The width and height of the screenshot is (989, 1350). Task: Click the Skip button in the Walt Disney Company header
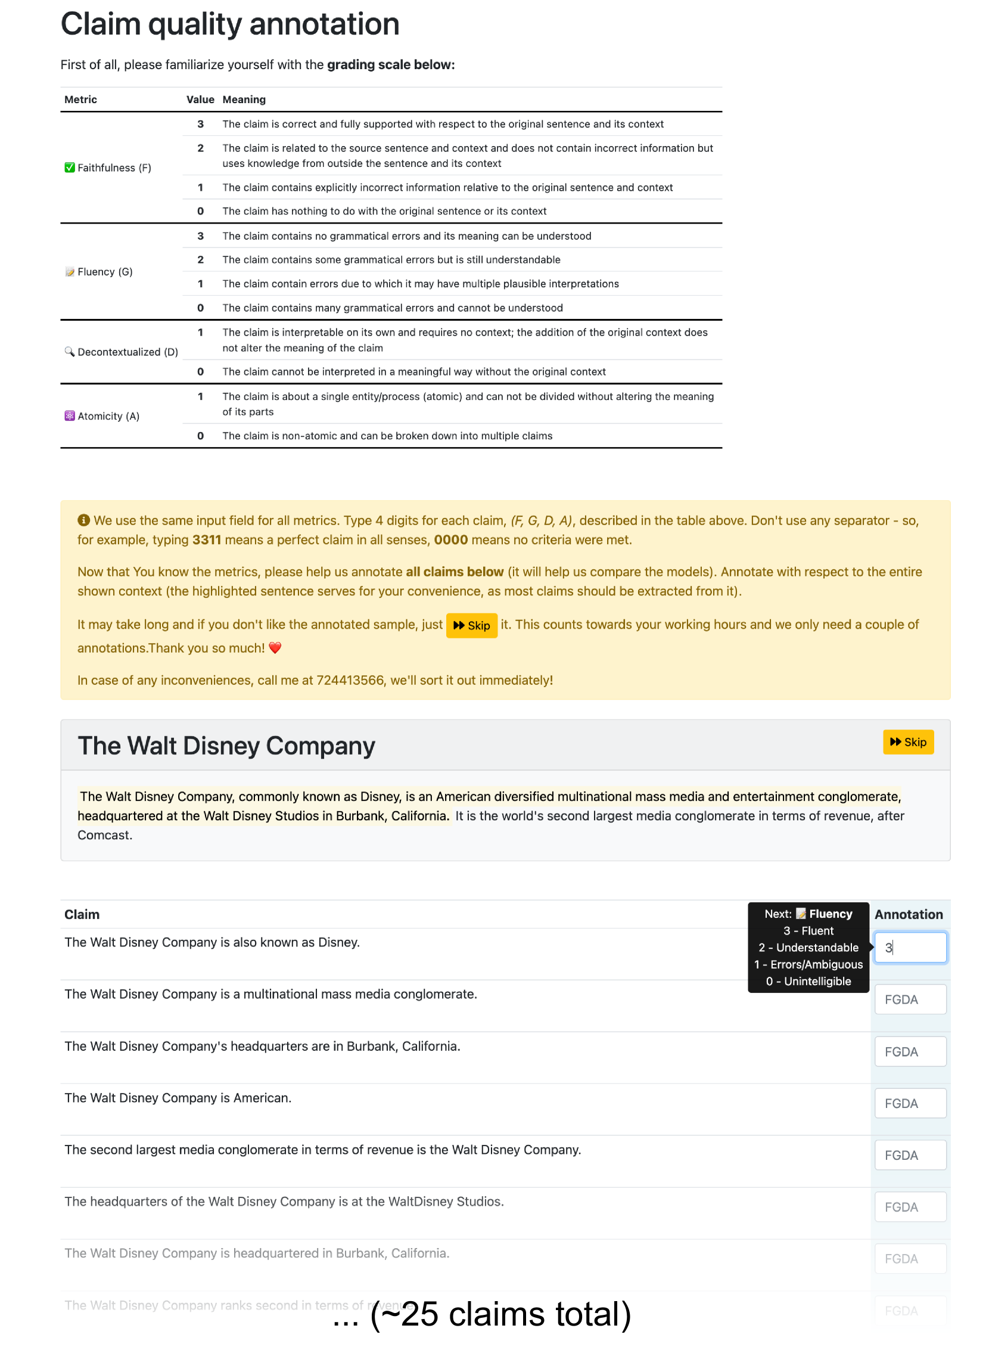tap(907, 742)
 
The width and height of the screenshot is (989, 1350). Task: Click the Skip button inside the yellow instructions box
tap(471, 625)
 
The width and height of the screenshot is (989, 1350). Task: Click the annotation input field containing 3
tap(909, 947)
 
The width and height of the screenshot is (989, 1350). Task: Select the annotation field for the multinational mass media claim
tap(909, 999)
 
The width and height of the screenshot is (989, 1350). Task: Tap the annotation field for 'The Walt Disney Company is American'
tap(909, 1103)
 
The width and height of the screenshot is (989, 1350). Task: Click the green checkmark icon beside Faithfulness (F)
tap(70, 167)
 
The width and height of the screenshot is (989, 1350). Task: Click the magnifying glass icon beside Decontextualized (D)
tap(70, 352)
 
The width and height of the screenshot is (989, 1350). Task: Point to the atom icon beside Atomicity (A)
tap(70, 415)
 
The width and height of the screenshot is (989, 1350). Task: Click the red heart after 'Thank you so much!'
tap(275, 647)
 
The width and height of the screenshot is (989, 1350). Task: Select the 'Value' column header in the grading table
tap(200, 100)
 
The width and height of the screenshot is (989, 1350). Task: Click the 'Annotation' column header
tap(907, 914)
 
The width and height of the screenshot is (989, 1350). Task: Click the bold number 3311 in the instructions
tap(207, 539)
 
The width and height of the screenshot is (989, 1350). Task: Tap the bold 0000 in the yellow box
tap(450, 539)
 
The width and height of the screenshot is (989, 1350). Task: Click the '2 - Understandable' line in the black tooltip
tap(808, 948)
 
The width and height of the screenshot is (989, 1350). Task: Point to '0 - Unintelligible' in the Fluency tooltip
tap(808, 981)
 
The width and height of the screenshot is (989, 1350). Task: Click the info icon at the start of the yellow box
tap(84, 520)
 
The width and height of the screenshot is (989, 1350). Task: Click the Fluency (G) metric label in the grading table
tap(105, 272)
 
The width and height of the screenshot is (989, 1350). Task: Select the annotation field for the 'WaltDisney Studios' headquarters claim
tap(909, 1206)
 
